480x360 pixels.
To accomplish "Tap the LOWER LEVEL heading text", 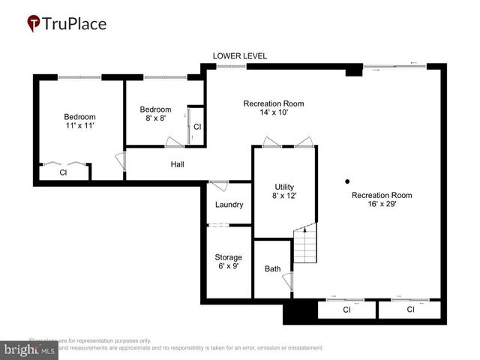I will [x=239, y=56].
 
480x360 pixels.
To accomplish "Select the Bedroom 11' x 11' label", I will [x=79, y=121].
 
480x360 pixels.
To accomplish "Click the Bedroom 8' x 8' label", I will [x=155, y=113].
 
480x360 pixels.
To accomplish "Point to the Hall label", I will [x=177, y=164].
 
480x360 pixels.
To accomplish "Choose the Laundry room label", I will [x=228, y=205].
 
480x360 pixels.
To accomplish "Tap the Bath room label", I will [x=272, y=268].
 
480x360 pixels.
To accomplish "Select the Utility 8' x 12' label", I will [x=284, y=191].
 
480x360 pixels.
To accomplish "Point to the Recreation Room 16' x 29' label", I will [x=382, y=199].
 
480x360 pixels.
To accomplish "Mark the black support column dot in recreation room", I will [x=346, y=181].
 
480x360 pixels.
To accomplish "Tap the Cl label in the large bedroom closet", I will [x=64, y=172].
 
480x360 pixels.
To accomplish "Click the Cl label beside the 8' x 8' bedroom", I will [x=196, y=127].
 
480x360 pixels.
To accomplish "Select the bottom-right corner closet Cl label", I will [x=410, y=310].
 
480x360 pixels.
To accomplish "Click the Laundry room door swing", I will [x=218, y=185].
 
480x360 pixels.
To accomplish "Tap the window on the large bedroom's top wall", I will [x=79, y=76].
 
